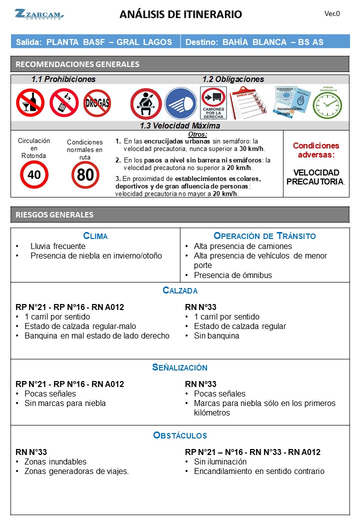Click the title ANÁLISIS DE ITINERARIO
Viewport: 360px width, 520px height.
[180, 14]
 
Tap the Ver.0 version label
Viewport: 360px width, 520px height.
[332, 14]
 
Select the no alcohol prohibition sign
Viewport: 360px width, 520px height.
[30, 102]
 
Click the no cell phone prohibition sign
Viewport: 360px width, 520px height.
[64, 102]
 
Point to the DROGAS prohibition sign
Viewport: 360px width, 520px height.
[97, 103]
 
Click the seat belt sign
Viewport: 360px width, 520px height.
[145, 103]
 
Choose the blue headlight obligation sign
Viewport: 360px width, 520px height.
[180, 103]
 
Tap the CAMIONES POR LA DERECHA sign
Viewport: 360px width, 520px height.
[213, 103]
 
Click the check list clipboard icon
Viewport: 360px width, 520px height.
[247, 102]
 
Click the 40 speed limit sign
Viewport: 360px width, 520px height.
[34, 174]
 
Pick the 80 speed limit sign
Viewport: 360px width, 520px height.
[85, 174]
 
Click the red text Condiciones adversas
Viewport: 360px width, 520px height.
[315, 150]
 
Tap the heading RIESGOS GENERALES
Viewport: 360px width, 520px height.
[54, 215]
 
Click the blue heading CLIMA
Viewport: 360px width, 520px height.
[95, 236]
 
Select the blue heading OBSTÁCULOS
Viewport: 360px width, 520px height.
[180, 435]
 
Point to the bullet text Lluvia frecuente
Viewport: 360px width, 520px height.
[57, 246]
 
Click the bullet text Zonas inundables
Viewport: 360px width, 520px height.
[55, 461]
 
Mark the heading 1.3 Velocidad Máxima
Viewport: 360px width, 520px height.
[180, 126]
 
